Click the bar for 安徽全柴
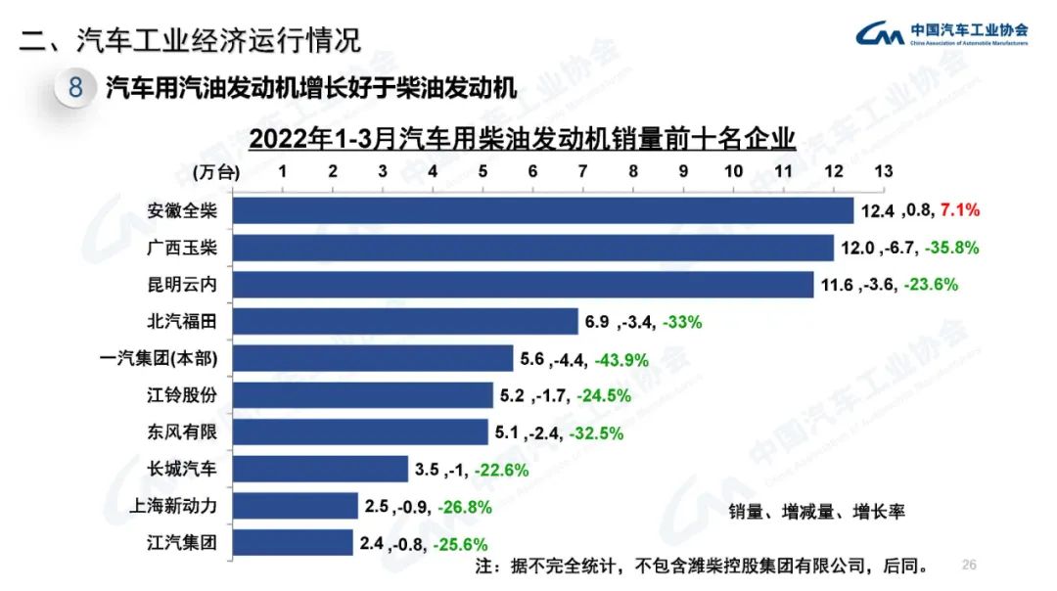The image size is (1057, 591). pos(543,210)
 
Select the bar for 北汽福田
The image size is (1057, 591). pos(405,321)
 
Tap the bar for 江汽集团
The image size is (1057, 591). pos(293,542)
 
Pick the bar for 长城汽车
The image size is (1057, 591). pos(320,469)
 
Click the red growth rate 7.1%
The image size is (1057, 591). pos(959,210)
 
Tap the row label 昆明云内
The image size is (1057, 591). pos(181,285)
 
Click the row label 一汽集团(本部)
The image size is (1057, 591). pos(159,359)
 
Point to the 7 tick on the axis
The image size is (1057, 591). pos(582,171)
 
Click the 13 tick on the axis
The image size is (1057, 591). pos(883,171)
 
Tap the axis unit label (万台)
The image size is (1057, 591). pos(215,172)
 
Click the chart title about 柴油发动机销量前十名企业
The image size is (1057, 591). pos(521,138)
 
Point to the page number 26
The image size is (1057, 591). pos(970,565)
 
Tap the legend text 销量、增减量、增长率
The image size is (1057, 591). pos(817,511)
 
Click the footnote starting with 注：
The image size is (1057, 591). pos(700,566)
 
